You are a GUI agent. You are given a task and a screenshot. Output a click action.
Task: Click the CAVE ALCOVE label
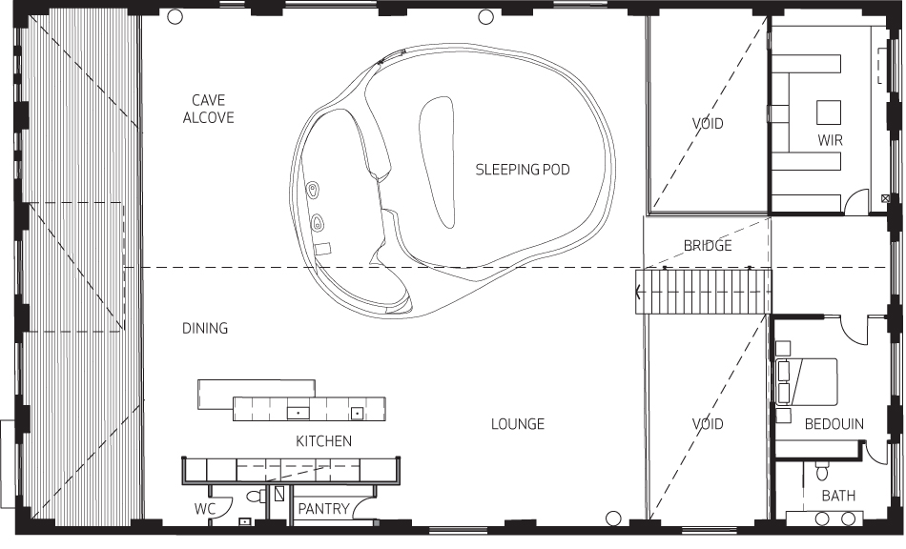click(x=209, y=109)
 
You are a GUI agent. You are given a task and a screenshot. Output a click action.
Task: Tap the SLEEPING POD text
click(x=523, y=170)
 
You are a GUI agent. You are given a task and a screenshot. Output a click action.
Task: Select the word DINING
click(x=205, y=329)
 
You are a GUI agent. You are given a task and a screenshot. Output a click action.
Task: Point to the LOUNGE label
click(x=518, y=424)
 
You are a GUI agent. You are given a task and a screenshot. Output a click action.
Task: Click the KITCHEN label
click(x=323, y=441)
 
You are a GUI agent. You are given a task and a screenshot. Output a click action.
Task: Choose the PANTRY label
click(x=323, y=509)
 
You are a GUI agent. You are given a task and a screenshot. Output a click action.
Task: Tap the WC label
click(x=204, y=509)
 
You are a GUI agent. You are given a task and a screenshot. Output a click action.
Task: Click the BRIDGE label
click(x=708, y=246)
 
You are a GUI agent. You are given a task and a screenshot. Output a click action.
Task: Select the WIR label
click(x=831, y=140)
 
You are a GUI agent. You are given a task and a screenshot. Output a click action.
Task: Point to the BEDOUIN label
click(x=834, y=424)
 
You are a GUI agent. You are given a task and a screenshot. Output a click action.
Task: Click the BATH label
click(x=838, y=496)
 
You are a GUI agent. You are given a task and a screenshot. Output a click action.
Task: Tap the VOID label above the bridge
click(x=708, y=123)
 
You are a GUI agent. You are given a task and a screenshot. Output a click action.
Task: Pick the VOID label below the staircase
click(x=708, y=424)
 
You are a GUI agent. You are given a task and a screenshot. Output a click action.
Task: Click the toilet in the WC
click(x=256, y=496)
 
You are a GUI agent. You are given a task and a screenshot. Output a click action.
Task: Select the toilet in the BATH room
click(x=822, y=472)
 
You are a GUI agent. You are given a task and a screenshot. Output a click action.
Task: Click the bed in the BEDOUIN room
click(x=807, y=381)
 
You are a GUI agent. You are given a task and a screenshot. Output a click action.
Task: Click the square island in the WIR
click(x=829, y=112)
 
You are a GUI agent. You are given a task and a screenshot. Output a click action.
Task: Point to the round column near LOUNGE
click(x=613, y=518)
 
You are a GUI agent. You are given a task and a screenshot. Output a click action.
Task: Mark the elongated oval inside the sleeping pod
click(x=438, y=162)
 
